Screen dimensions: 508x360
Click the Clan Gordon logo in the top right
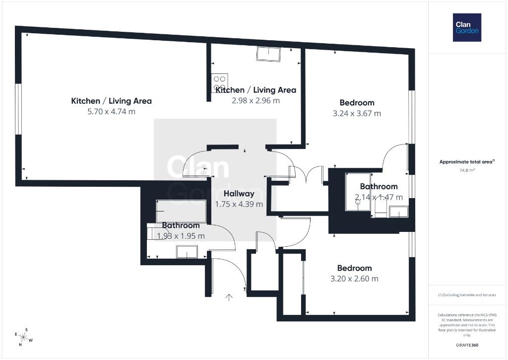tap(467, 28)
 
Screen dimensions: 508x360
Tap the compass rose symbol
tap(23, 337)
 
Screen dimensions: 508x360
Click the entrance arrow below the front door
tap(229, 297)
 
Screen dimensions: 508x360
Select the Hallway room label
tap(239, 194)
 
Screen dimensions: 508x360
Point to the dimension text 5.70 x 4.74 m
tap(112, 112)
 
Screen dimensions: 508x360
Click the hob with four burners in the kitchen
tap(220, 83)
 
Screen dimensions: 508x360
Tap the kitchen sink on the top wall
tap(268, 54)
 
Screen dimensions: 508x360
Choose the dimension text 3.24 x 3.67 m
tap(357, 114)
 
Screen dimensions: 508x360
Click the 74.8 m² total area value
tap(467, 170)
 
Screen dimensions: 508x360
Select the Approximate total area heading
tap(467, 161)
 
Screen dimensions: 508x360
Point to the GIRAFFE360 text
tap(467, 345)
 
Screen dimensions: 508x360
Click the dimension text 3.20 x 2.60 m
tap(354, 279)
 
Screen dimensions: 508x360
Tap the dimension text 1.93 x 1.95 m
tap(181, 236)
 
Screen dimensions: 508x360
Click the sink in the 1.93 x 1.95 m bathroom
tap(187, 252)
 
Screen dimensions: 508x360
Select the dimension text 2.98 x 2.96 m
tap(255, 100)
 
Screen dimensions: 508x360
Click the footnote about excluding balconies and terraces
tap(467, 295)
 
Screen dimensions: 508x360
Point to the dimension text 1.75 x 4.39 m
tap(239, 204)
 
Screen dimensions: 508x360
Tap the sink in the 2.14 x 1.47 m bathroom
tap(398, 212)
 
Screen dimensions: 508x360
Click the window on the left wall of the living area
tap(18, 109)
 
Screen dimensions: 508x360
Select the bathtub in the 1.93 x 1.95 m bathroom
tap(181, 211)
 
